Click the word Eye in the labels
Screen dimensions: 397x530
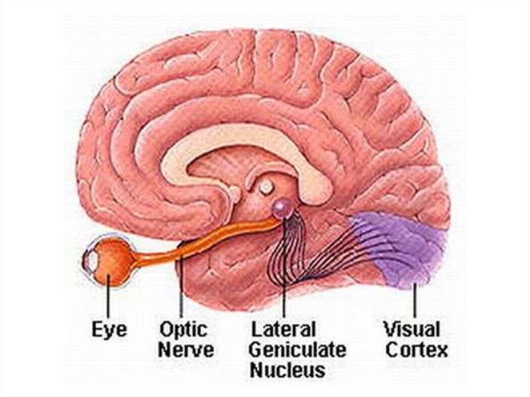click(x=109, y=329)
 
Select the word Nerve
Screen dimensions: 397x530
click(x=186, y=350)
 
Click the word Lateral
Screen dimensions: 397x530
click(x=283, y=329)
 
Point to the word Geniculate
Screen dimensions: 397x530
click(x=297, y=350)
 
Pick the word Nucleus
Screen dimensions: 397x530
click(x=287, y=370)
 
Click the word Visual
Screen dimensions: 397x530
click(x=411, y=329)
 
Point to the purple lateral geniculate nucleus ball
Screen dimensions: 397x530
click(x=282, y=208)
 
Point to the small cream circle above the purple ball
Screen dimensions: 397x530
click(x=266, y=187)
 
